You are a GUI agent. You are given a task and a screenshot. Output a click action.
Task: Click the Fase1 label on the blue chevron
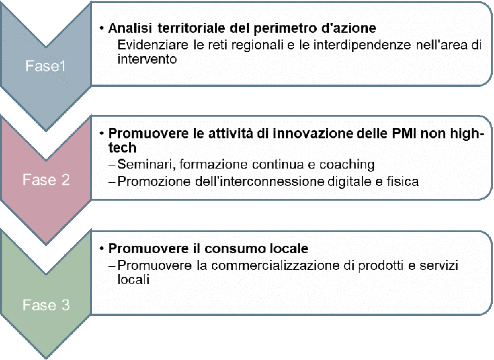[45, 66]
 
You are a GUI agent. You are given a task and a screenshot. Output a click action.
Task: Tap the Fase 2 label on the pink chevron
[46, 180]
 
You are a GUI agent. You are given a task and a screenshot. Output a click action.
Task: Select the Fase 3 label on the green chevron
[46, 305]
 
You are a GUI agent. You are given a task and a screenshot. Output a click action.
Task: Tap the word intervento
[147, 59]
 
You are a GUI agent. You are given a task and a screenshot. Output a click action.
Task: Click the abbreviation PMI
[403, 134]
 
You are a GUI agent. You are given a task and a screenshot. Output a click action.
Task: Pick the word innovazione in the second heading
[312, 134]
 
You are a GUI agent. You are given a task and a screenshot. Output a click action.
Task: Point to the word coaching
[347, 164]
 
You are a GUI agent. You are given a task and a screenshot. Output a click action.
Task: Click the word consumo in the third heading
[232, 249]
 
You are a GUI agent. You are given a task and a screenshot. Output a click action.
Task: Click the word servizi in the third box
[438, 266]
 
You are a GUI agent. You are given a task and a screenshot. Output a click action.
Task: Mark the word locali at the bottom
[133, 279]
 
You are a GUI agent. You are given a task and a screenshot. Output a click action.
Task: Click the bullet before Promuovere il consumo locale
[102, 249]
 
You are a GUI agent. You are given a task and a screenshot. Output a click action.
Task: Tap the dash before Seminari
[112, 165]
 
